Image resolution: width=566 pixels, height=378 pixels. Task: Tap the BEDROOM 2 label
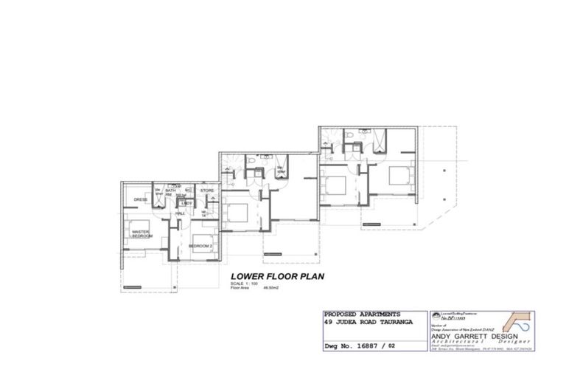(200, 246)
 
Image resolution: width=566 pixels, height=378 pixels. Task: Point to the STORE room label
(206, 191)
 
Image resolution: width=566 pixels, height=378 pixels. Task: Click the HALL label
(179, 213)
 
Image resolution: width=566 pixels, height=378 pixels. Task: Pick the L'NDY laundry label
(188, 202)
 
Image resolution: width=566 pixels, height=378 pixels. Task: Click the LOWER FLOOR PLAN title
(272, 277)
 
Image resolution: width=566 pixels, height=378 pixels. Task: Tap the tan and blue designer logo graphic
(515, 323)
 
